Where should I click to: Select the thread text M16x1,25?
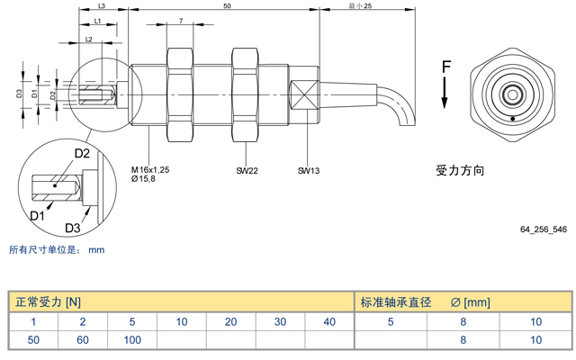pos(150,169)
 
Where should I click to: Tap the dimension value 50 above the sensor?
pos(226,6)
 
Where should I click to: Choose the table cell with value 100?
pos(132,340)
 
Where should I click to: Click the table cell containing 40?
pos(328,321)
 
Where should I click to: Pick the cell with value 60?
pos(83,340)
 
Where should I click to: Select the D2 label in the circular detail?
pos(81,154)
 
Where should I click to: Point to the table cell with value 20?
pos(230,321)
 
